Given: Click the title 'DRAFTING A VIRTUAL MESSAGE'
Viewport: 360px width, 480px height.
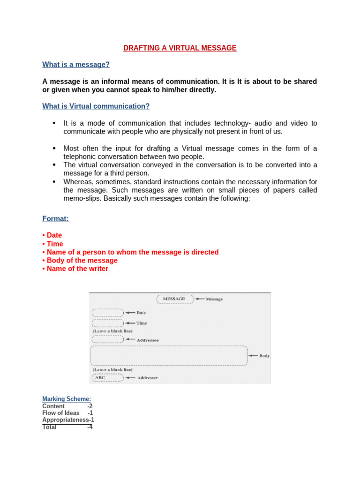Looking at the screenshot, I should coord(180,48).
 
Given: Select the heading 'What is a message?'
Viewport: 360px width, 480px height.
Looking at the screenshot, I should coord(76,65).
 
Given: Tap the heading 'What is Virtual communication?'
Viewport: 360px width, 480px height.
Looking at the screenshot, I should coord(96,106).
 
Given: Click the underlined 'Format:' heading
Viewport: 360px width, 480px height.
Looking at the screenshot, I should coord(55,218).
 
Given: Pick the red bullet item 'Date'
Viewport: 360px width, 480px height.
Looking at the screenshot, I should coord(54,235).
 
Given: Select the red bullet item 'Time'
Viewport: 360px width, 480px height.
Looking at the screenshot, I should coord(54,244).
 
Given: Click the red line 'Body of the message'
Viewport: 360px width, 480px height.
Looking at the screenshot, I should coord(82,261).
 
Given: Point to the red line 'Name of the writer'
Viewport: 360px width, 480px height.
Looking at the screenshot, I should coord(77,269).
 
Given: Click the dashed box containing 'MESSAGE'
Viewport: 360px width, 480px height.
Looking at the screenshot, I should coord(174,299).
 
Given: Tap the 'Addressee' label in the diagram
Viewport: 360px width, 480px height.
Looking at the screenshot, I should coord(148,340).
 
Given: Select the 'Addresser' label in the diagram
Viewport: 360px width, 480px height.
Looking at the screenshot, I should coord(147,378).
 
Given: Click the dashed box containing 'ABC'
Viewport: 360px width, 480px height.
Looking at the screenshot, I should coord(107,377).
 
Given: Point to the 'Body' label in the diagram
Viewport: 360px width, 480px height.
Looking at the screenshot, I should coord(264,356).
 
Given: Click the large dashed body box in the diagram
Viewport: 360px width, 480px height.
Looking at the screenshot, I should coord(169,356).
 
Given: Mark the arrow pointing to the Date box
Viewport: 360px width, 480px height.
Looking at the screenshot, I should coord(129,313).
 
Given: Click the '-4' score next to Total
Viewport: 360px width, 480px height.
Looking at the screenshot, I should coord(90,427).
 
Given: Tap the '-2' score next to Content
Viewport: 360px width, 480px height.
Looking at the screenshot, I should coord(90,406).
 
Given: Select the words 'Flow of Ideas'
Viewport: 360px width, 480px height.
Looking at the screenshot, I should coord(61,413).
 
